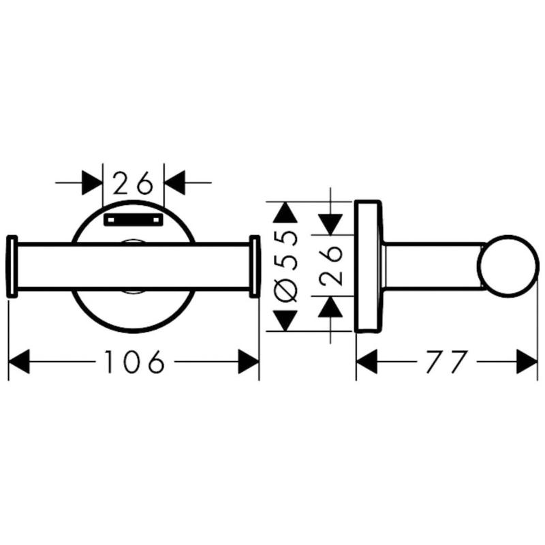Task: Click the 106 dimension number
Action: tap(134, 362)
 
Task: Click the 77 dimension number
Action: tap(446, 362)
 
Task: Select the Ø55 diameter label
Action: tap(285, 266)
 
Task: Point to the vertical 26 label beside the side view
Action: tap(330, 266)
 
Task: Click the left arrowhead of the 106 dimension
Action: tap(19, 362)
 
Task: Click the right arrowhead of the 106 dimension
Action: tap(249, 362)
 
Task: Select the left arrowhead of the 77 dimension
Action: tap(367, 362)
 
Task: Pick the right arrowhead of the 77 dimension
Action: tap(527, 362)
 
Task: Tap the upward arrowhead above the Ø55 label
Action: tap(285, 212)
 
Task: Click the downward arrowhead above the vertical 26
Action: tap(330, 225)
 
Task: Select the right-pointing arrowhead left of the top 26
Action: tap(92, 183)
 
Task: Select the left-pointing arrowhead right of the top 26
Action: tap(175, 183)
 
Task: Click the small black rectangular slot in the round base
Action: tap(134, 219)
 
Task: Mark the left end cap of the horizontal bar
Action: tap(12, 266)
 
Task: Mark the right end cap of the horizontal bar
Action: tap(255, 266)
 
